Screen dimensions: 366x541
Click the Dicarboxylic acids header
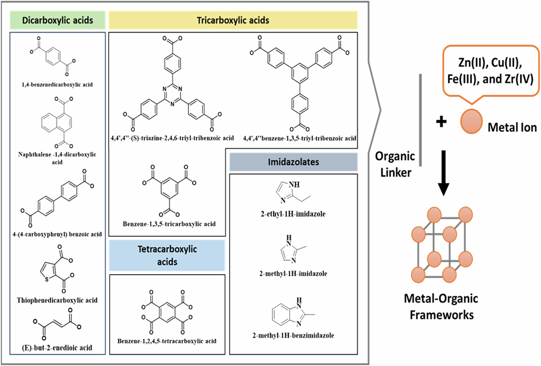pyautogui.click(x=57, y=20)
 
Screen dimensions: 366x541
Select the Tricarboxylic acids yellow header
pyautogui.click(x=233, y=20)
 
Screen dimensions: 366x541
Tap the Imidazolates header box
pyautogui.click(x=293, y=162)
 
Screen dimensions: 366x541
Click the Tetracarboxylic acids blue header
pyautogui.click(x=167, y=255)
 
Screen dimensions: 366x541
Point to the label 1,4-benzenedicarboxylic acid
pyautogui.click(x=57, y=85)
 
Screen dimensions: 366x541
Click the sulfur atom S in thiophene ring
pyautogui.click(x=47, y=279)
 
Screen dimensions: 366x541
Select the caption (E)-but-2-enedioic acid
pyautogui.click(x=57, y=348)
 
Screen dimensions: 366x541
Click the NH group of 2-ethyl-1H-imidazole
pyautogui.click(x=294, y=185)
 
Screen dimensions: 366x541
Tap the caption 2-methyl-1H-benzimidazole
pyautogui.click(x=293, y=335)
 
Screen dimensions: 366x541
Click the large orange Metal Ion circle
pyautogui.click(x=471, y=121)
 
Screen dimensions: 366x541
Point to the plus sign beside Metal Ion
pyautogui.click(x=441, y=122)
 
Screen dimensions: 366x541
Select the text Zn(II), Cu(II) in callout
pyautogui.click(x=490, y=63)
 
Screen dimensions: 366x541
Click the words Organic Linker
pyautogui.click(x=395, y=164)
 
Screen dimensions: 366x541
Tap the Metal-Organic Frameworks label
pyautogui.click(x=441, y=306)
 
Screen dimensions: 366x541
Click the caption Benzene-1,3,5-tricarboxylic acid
pyautogui.click(x=169, y=224)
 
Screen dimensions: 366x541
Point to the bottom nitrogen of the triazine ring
pyautogui.click(x=172, y=104)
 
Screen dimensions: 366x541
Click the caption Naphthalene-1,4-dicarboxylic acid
pyautogui.click(x=57, y=158)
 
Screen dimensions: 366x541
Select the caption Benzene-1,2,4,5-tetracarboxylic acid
pyautogui.click(x=167, y=341)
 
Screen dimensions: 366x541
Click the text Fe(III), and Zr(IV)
pyautogui.click(x=490, y=79)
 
